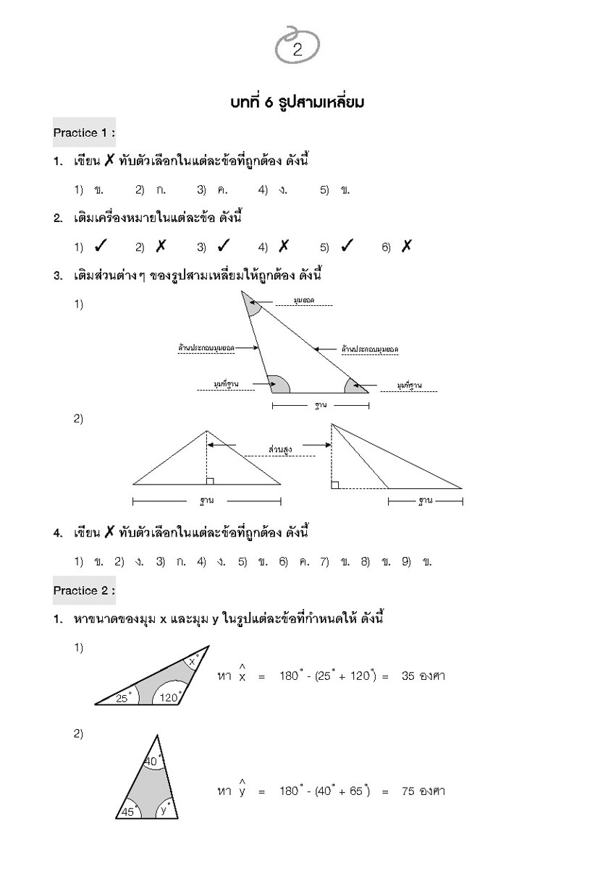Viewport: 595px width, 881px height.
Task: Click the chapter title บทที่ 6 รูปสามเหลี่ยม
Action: click(297, 103)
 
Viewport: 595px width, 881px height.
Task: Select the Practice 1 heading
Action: click(84, 133)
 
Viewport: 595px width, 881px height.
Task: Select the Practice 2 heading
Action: click(84, 591)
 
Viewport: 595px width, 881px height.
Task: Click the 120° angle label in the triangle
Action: click(170, 698)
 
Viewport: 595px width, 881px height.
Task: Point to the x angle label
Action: click(192, 661)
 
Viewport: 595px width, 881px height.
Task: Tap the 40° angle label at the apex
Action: click(151, 761)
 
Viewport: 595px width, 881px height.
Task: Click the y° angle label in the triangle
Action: click(164, 809)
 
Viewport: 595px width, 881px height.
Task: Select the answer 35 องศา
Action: click(423, 677)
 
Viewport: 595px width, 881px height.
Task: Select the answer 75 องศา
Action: click(423, 791)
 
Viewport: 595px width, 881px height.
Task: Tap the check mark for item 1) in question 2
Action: click(101, 247)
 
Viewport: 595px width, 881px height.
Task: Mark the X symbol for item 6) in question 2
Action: click(406, 247)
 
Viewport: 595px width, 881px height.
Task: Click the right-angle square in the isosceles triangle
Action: click(209, 481)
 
